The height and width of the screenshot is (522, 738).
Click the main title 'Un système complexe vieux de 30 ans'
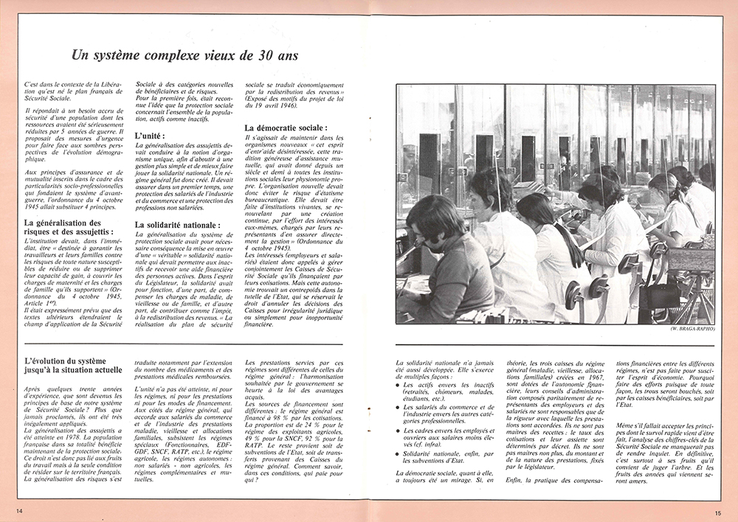point(184,56)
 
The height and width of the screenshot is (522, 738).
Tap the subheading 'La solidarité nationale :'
point(178,224)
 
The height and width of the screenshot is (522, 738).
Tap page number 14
point(18,510)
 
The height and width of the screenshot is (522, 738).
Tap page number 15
point(718,510)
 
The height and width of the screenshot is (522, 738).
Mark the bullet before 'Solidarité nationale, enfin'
point(399,455)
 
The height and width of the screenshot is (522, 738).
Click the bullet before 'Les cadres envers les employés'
point(399,429)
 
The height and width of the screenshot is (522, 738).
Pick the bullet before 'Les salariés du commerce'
point(399,407)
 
